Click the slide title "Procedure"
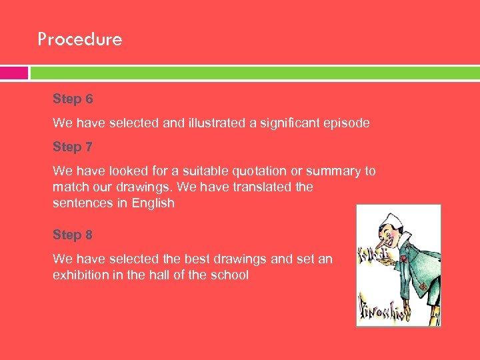[x=80, y=39]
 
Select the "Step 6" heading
[x=73, y=99]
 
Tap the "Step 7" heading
[x=73, y=147]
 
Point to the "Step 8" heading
[x=73, y=235]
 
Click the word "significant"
[x=280, y=123]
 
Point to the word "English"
[x=153, y=203]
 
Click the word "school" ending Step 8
[x=229, y=275]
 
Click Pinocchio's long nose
[x=383, y=247]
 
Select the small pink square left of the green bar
[x=14, y=73]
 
